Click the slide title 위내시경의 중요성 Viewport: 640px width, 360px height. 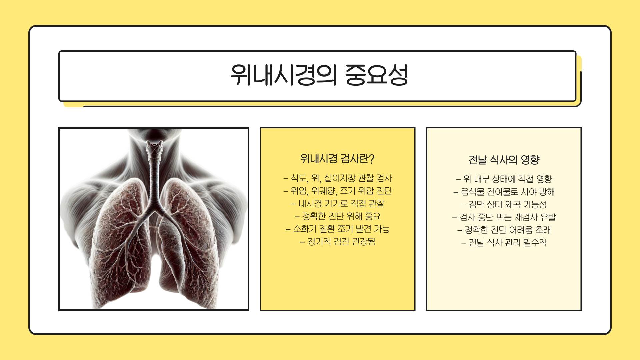(x=319, y=75)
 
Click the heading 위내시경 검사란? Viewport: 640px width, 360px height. (x=337, y=159)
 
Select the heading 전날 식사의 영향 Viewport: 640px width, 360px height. (x=504, y=160)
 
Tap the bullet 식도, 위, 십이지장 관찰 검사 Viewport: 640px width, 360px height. (x=338, y=178)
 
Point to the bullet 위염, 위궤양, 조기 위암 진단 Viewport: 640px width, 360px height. (x=338, y=191)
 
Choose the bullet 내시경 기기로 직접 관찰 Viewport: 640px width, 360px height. (x=338, y=204)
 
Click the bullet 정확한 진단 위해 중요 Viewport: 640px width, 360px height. (x=338, y=216)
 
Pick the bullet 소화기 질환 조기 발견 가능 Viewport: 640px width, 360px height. (x=338, y=229)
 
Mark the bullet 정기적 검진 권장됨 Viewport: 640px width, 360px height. (x=338, y=242)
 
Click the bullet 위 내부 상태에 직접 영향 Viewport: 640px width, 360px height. (x=504, y=179)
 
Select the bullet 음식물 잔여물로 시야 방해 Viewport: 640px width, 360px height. (x=504, y=192)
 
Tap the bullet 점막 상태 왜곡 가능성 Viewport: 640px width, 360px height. (x=504, y=205)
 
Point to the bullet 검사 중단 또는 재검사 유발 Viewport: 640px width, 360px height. (x=504, y=217)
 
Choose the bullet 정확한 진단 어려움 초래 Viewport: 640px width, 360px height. (x=504, y=230)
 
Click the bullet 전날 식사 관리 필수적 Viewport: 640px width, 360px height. (x=504, y=243)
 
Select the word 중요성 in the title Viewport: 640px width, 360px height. (x=376, y=75)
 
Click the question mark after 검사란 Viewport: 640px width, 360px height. (x=372, y=159)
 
